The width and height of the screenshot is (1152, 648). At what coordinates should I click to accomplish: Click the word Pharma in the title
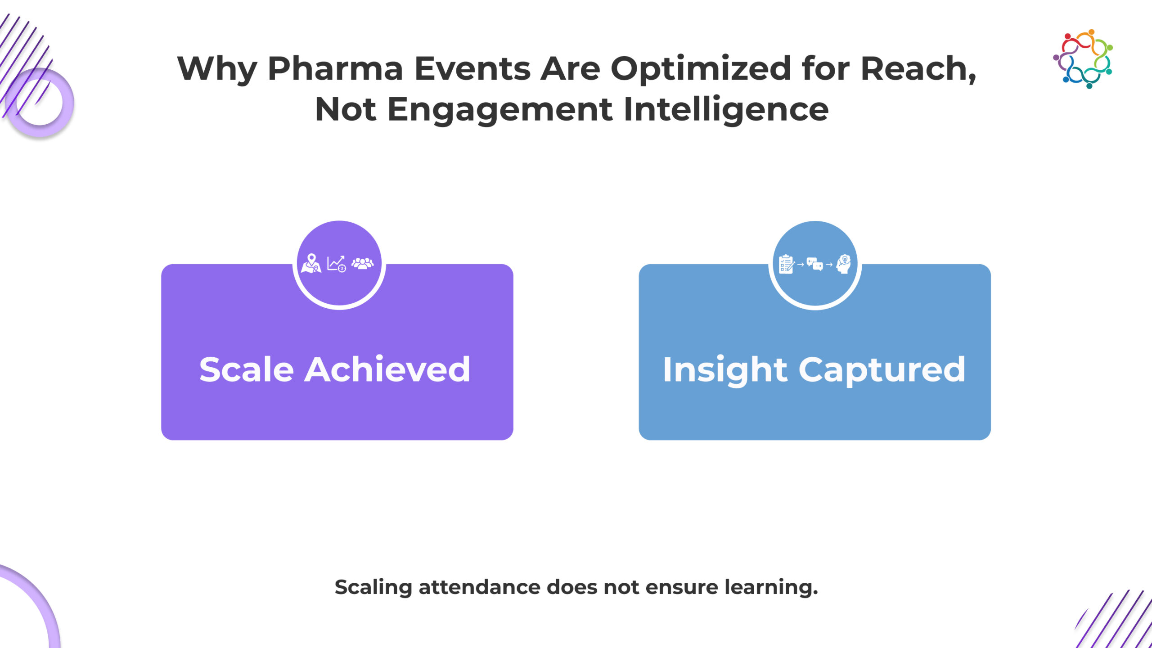[335, 68]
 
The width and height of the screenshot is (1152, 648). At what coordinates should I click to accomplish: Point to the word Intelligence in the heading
[726, 109]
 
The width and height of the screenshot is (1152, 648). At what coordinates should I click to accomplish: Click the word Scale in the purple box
[247, 369]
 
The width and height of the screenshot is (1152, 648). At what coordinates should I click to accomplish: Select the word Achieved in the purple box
[387, 369]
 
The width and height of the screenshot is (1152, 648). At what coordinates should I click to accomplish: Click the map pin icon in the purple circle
[311, 263]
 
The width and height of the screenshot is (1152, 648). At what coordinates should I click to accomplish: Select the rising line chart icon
[336, 264]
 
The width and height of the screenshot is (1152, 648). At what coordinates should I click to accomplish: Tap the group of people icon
[363, 263]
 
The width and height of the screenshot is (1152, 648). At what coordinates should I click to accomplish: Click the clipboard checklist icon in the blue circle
[787, 264]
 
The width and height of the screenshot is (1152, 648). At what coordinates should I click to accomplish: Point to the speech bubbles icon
[815, 264]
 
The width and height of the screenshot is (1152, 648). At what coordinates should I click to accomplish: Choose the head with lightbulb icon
[843, 264]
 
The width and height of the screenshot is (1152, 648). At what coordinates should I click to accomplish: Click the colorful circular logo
[1083, 59]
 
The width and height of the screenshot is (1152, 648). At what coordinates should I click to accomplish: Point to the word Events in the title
[472, 68]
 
